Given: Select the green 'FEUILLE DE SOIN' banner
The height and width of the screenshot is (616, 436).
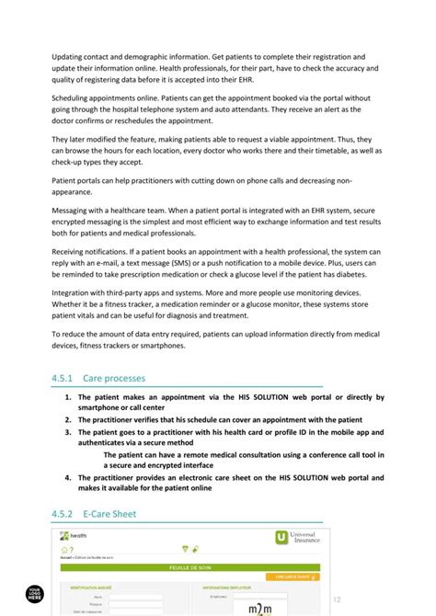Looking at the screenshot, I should [190, 568].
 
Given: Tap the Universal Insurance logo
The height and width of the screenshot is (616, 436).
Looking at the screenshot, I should [293, 538].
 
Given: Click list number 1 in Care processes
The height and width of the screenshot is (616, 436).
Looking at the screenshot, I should [68, 398].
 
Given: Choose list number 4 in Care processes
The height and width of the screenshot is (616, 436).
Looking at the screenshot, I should [68, 478].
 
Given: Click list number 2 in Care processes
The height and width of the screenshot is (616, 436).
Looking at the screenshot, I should [68, 418].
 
